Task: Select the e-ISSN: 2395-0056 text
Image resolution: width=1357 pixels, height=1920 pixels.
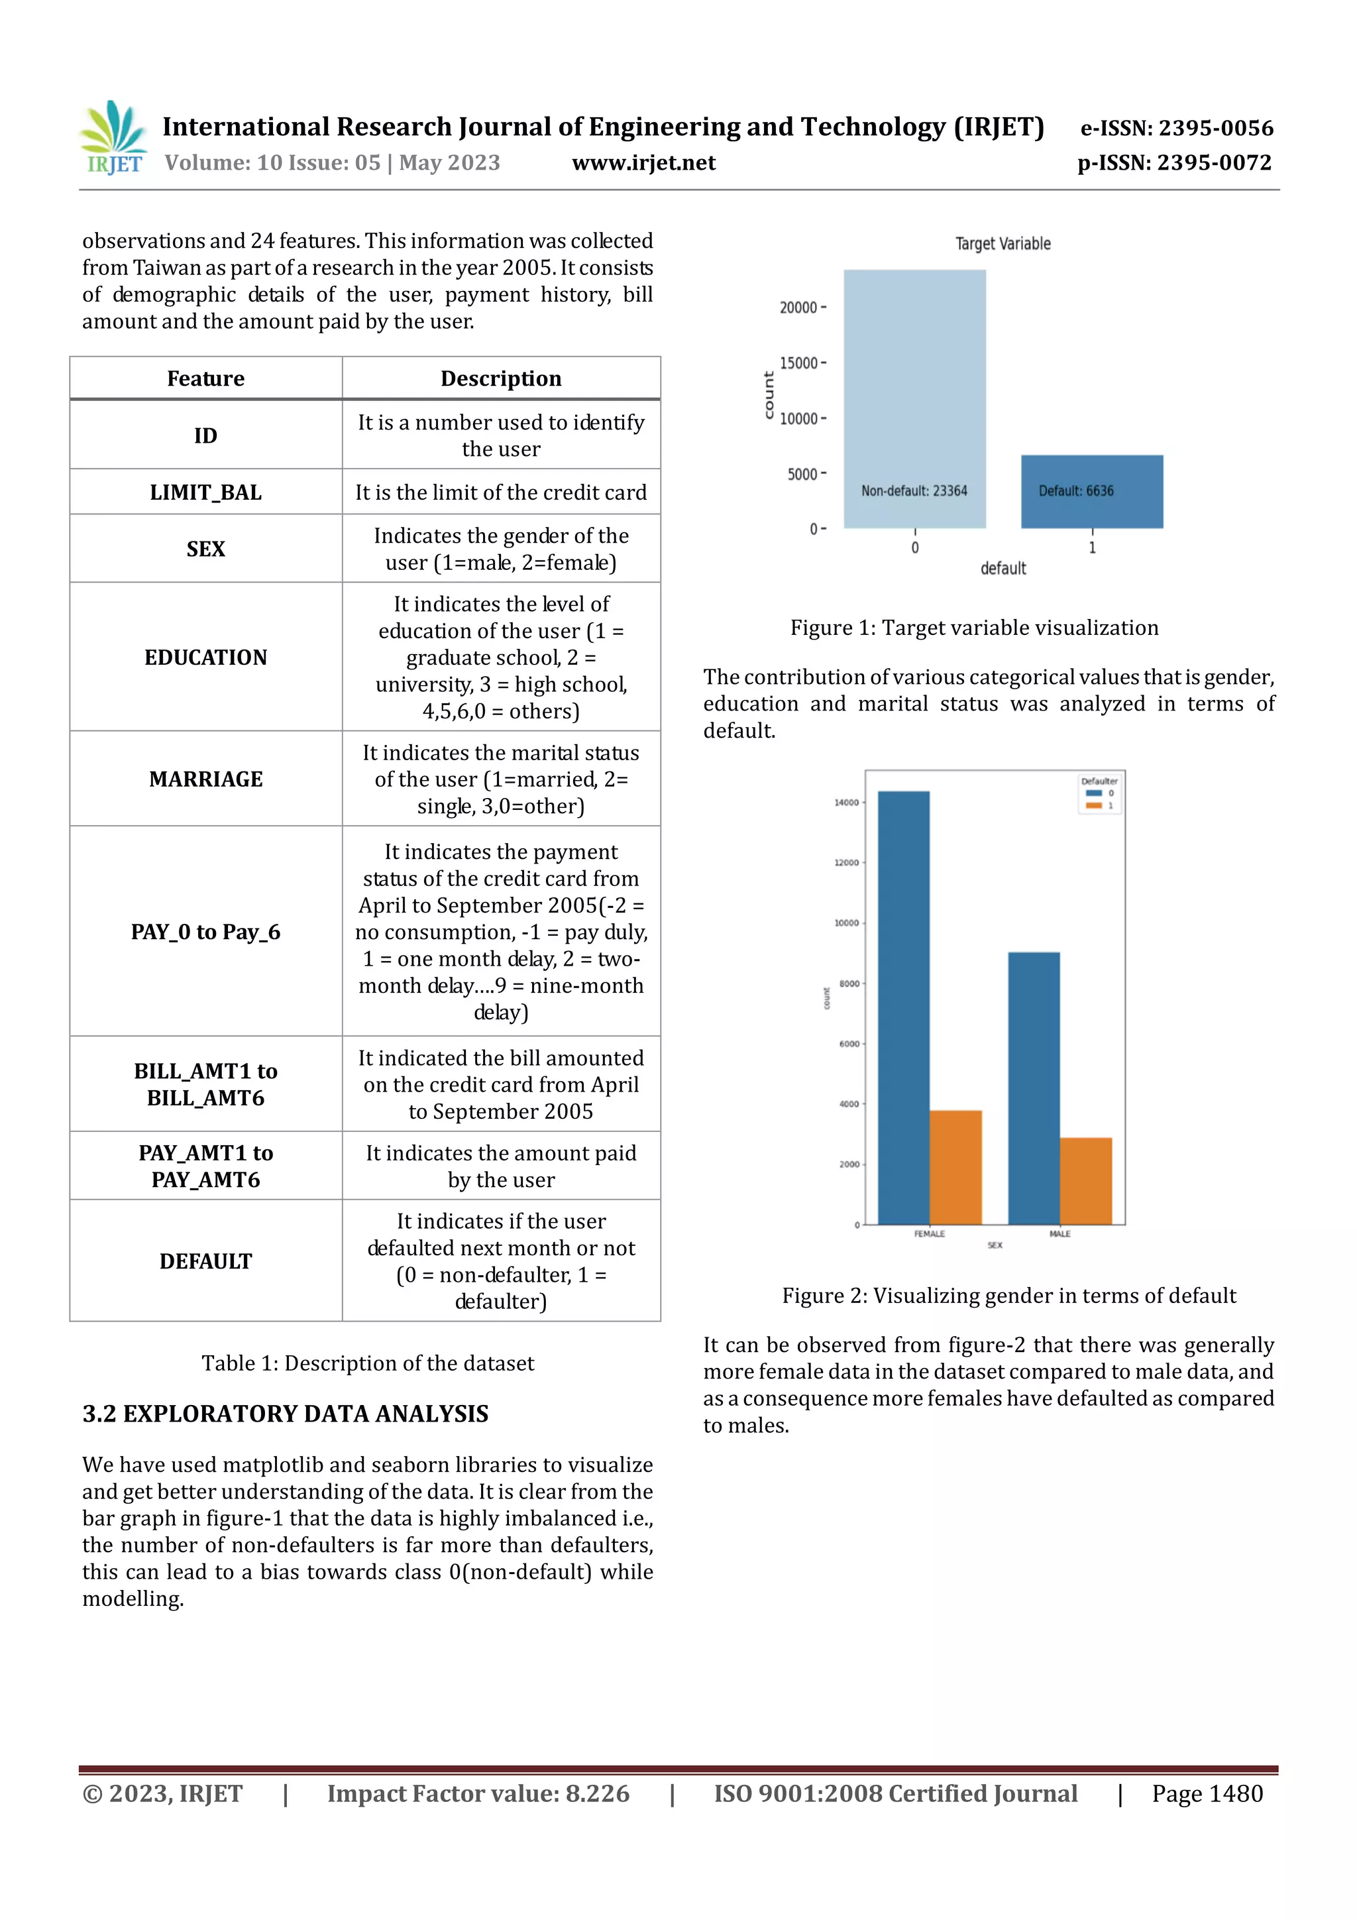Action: tap(1176, 128)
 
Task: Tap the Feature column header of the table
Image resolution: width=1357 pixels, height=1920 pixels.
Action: tap(205, 379)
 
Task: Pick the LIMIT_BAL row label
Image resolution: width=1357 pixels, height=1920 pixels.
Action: tap(205, 492)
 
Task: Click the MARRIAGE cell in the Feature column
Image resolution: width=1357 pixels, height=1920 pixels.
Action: tap(205, 779)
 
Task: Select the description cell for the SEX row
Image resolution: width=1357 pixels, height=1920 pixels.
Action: tap(501, 549)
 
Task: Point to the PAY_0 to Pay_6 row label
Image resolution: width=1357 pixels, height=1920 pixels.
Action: tap(205, 932)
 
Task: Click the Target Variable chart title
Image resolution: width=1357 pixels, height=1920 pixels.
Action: tap(1003, 244)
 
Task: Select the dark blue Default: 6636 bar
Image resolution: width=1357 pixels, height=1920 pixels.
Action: tap(1091, 492)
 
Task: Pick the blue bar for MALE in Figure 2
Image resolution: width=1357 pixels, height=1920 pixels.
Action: tap(1034, 1087)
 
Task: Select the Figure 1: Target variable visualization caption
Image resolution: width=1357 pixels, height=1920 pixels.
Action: tap(974, 628)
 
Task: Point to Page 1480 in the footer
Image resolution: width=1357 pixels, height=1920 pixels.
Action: tap(1207, 1793)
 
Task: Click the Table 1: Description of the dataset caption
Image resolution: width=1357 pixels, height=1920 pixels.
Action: tap(367, 1363)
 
